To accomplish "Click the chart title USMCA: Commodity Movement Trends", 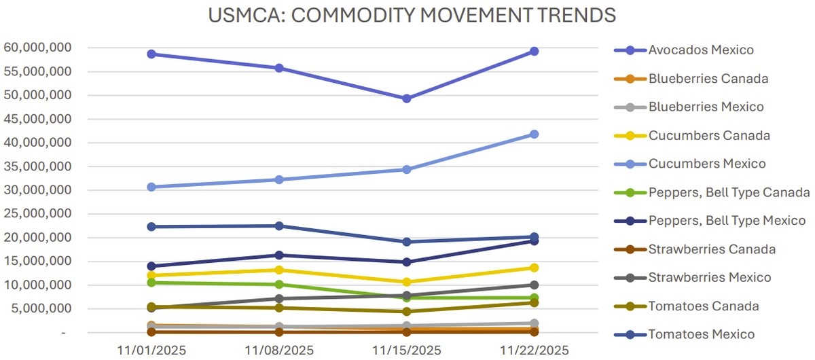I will [x=407, y=14].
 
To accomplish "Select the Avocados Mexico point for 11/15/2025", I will [x=406, y=98].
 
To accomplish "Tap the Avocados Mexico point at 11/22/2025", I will [x=534, y=51].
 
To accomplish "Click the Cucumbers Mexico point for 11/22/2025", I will [x=534, y=134].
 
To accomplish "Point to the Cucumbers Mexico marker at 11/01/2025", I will [x=151, y=187].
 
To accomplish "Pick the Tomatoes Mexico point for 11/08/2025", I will [x=279, y=226].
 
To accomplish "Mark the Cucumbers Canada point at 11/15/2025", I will [x=406, y=282].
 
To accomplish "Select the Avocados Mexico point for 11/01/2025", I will [x=151, y=54].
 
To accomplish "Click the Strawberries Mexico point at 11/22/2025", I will [x=534, y=285].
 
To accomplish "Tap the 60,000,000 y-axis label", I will [x=39, y=48].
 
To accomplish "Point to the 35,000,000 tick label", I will [x=39, y=167].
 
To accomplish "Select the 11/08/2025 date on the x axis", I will [x=279, y=350].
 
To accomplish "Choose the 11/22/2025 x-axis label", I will [x=534, y=350].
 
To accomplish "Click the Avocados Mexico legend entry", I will [x=700, y=50].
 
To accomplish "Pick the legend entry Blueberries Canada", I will [x=708, y=79].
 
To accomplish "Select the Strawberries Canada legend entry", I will [x=711, y=249].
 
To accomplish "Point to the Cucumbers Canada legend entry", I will [x=709, y=136].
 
